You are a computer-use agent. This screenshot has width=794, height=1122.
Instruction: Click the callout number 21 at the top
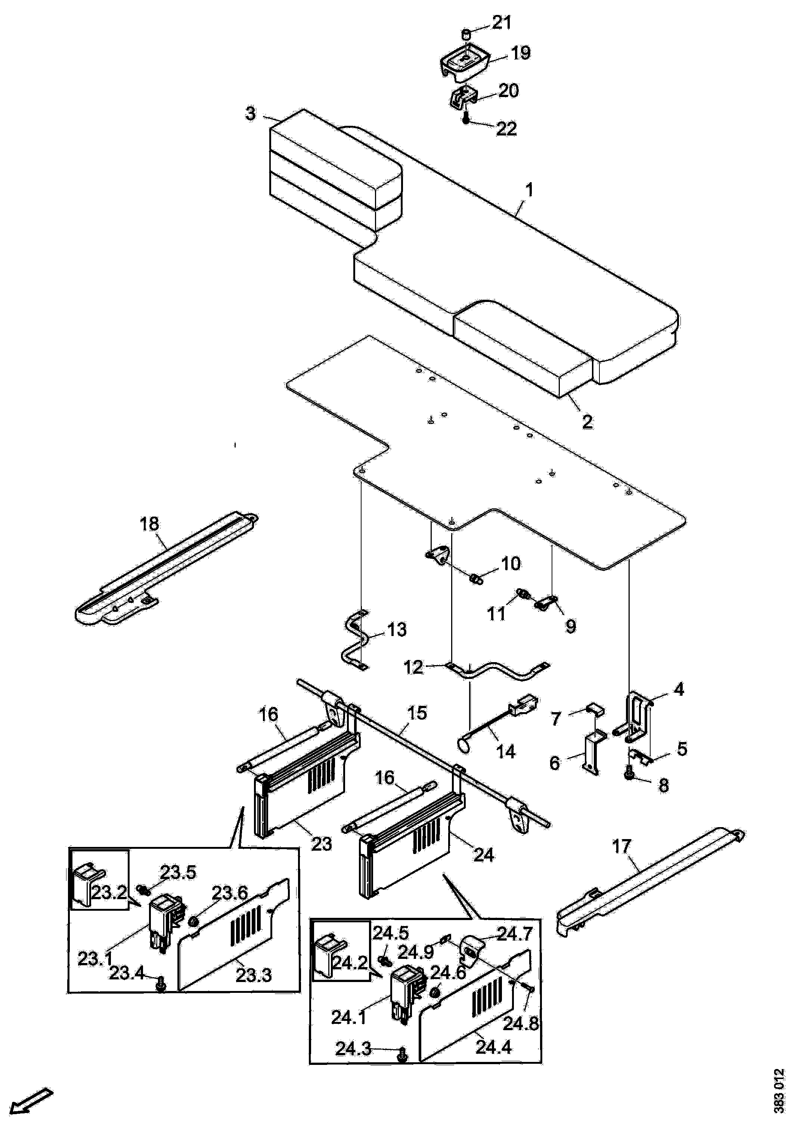click(501, 24)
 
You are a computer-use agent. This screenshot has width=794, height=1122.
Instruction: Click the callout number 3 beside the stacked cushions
click(250, 113)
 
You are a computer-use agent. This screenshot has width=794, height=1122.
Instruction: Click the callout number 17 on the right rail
click(622, 846)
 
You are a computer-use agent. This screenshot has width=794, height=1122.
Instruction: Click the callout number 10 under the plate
click(511, 564)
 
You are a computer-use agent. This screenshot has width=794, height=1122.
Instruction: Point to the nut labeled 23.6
click(193, 921)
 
